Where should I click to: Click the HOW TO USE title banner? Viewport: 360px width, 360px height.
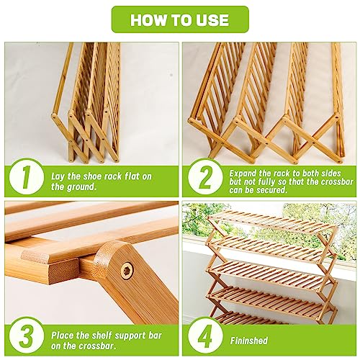[180, 19]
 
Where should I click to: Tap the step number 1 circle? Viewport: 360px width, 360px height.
[27, 179]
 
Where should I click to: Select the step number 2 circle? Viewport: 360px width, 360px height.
[205, 179]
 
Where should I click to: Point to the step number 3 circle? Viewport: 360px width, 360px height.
[27, 336]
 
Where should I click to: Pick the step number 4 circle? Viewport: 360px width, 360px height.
[205, 336]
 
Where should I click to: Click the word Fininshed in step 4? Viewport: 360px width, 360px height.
[249, 341]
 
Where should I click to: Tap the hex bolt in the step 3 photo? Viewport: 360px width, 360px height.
[127, 271]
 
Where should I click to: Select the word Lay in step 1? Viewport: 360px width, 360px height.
[58, 176]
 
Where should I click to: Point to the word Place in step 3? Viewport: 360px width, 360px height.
[63, 336]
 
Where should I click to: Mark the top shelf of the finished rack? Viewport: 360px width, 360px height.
[272, 221]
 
